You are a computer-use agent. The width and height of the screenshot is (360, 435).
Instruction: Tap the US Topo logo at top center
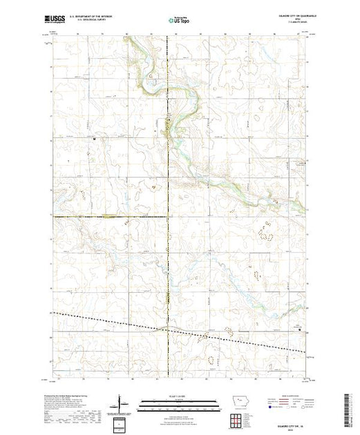coord(180,21)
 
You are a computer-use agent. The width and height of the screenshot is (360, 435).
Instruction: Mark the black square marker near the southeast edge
coord(299,329)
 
